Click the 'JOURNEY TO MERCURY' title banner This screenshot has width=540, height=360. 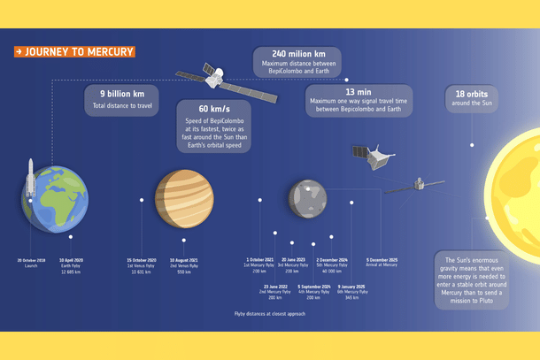[74, 52]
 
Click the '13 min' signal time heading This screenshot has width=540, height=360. [358, 92]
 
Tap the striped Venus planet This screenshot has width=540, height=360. [184, 199]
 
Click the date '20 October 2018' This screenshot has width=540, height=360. [31, 260]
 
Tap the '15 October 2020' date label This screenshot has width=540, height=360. [142, 260]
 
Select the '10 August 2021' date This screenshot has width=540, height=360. [183, 260]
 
